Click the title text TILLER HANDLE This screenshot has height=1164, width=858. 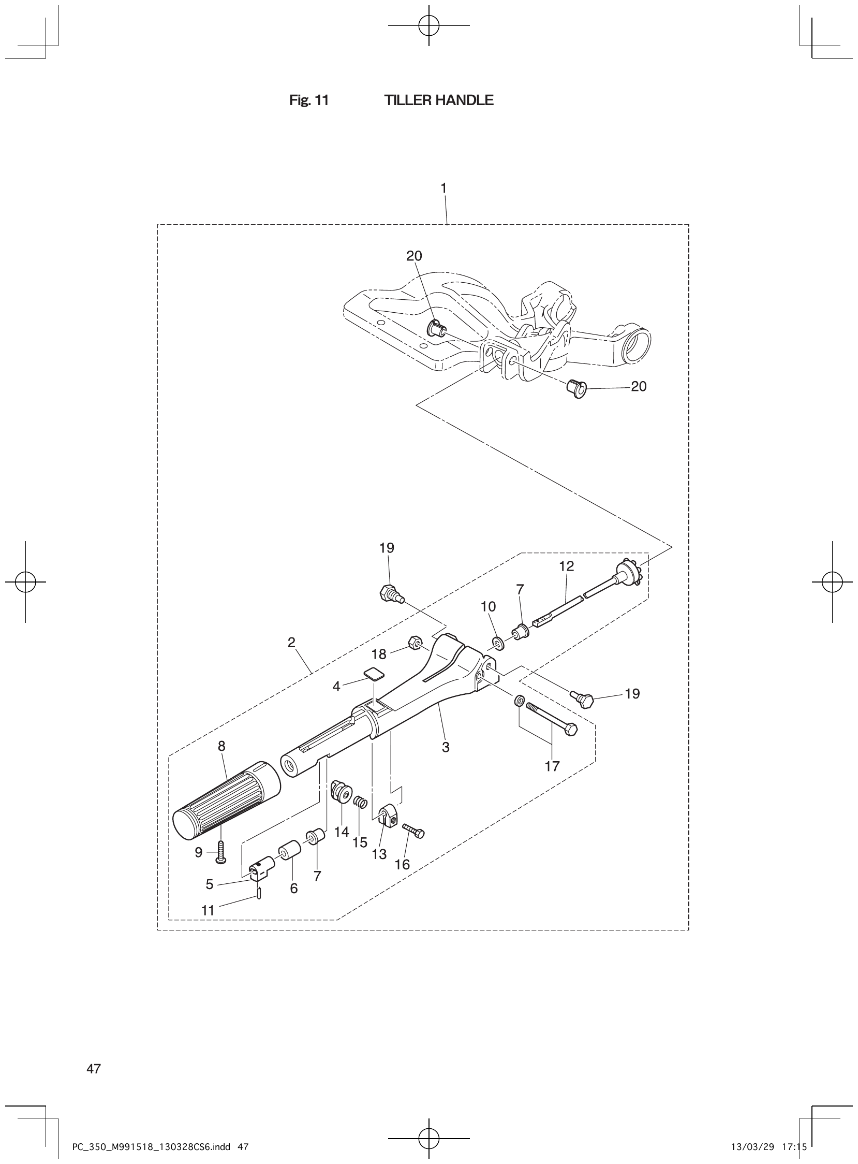tap(438, 100)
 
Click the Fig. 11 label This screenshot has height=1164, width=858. tap(309, 100)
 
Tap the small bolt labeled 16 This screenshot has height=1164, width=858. tap(413, 831)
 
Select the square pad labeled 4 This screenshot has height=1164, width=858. tap(375, 674)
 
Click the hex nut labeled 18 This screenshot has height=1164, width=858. tap(415, 642)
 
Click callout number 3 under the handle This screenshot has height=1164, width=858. tap(445, 747)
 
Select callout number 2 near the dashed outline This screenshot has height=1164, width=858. tap(291, 642)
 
